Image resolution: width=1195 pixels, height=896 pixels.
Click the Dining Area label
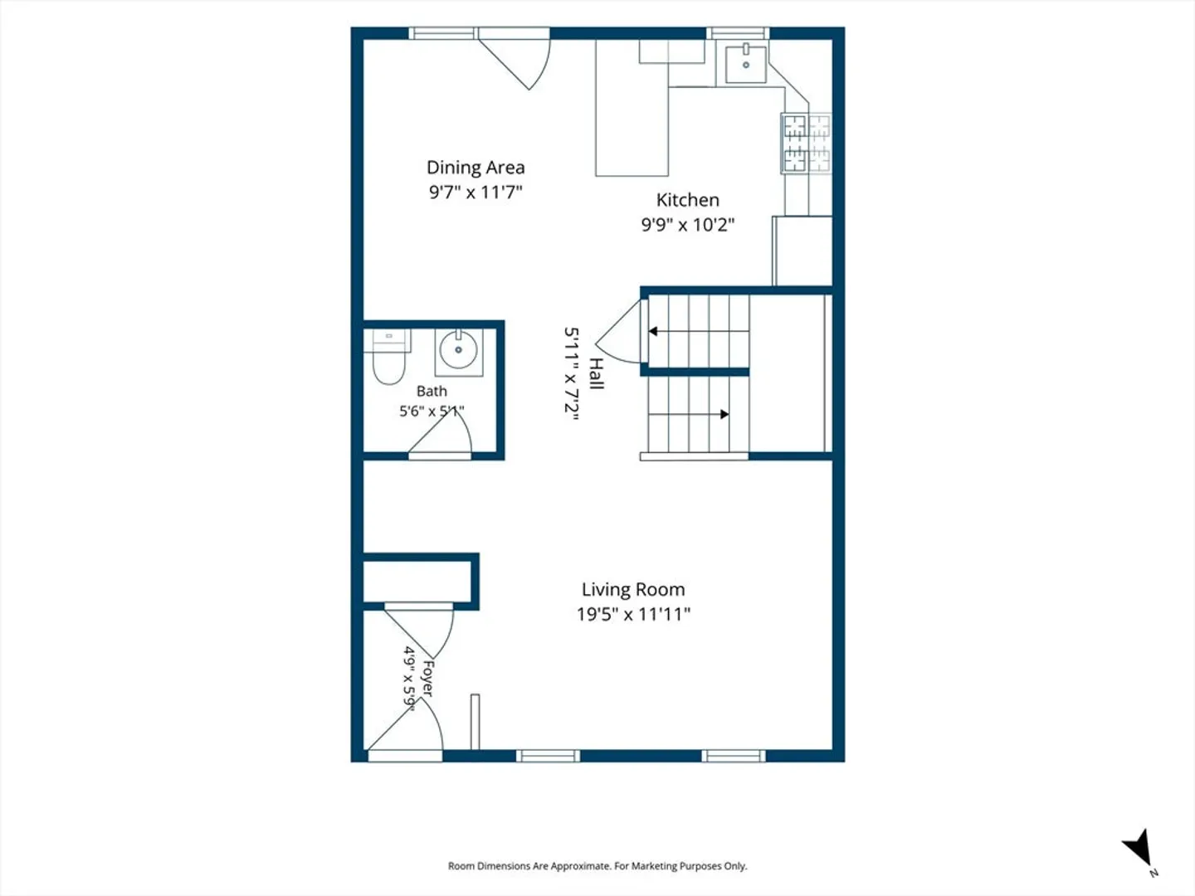point(476,168)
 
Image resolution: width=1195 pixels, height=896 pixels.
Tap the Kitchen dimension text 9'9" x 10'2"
point(688,224)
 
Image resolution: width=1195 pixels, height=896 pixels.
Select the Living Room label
point(633,589)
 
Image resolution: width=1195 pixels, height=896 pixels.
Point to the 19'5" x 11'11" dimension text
point(633,614)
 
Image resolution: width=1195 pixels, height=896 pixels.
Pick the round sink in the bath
point(458,350)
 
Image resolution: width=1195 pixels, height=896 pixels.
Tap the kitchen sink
point(746,64)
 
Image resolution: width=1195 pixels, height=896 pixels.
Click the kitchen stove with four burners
point(807,144)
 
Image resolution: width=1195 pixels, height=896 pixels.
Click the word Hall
point(597,373)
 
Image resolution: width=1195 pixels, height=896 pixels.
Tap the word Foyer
point(428,679)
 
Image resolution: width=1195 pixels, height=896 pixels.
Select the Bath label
point(432,391)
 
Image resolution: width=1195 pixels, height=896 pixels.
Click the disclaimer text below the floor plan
point(597,866)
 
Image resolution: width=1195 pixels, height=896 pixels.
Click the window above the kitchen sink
point(738,33)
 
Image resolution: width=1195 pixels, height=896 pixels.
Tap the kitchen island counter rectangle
point(632,108)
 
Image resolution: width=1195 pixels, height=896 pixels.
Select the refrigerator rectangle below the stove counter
point(802,251)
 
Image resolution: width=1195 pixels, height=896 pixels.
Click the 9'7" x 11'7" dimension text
point(476,192)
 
